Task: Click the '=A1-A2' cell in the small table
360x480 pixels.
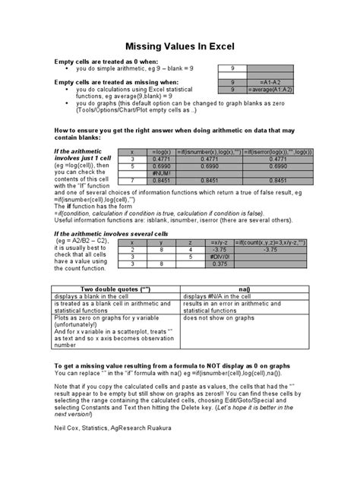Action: (269, 81)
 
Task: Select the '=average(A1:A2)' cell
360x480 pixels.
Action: (269, 89)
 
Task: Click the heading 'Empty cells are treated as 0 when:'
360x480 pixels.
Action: (106, 60)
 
